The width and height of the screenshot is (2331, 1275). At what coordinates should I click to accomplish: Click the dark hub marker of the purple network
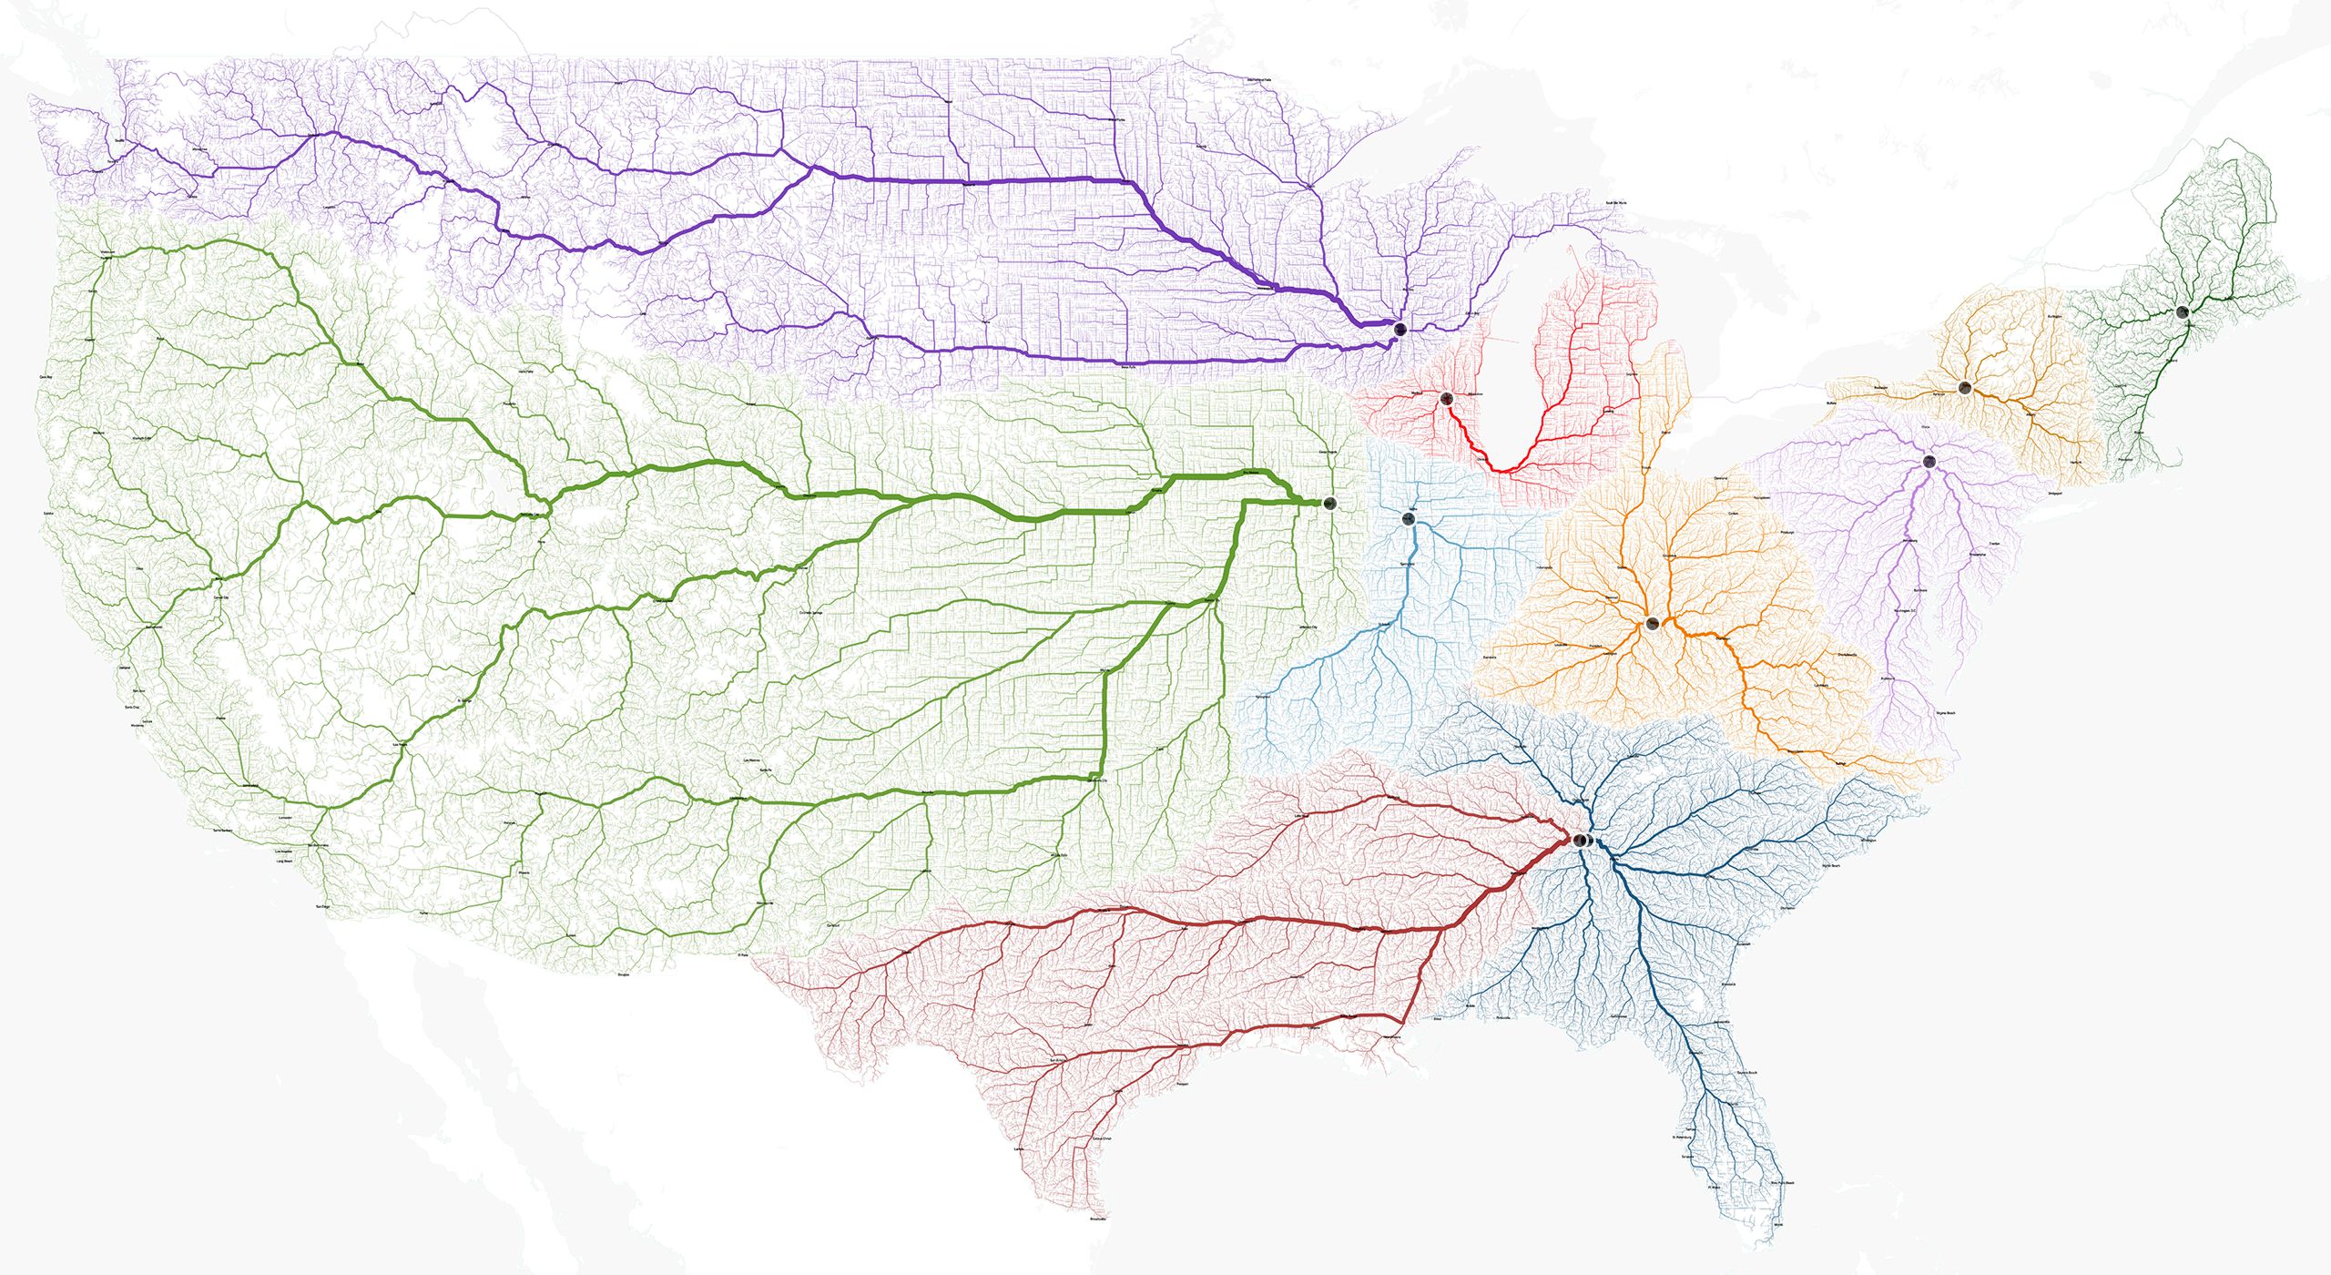1400,328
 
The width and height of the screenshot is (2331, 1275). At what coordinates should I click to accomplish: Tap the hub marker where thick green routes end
1330,504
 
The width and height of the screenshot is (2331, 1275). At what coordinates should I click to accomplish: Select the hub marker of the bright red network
1446,397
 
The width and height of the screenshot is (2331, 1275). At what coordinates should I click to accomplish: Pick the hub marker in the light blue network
1409,519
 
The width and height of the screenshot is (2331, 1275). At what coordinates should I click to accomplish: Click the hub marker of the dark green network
2182,312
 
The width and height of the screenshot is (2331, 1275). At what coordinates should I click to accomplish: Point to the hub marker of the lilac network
1929,461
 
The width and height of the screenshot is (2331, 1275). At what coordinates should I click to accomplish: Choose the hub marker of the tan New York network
1964,388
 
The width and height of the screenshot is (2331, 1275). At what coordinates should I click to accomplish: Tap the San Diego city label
322,907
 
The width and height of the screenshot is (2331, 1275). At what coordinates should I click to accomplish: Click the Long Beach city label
284,861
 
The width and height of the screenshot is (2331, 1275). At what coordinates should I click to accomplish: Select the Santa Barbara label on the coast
221,831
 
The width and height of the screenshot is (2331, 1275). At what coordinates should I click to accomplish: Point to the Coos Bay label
46,376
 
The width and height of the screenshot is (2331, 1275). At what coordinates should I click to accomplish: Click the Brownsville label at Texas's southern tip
1098,1219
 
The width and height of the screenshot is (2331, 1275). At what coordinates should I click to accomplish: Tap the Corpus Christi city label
1101,1139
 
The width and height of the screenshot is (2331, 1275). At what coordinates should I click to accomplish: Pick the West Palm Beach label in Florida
1782,1183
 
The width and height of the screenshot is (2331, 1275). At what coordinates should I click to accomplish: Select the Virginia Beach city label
1945,713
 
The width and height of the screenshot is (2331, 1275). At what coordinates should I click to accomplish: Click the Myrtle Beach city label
1830,866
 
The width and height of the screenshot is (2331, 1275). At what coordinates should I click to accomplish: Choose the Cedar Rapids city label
1328,452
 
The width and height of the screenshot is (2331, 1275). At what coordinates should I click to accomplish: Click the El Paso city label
742,955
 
